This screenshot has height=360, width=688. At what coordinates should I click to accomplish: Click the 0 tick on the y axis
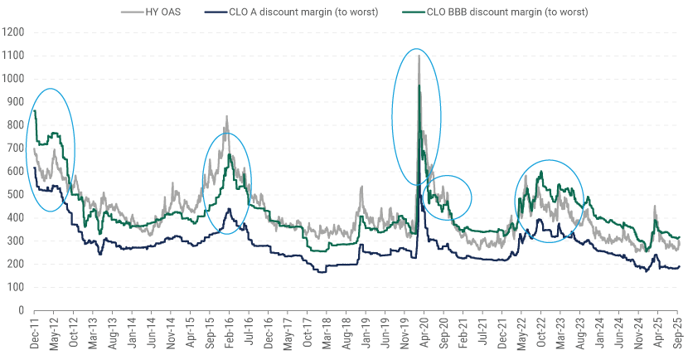[20, 310]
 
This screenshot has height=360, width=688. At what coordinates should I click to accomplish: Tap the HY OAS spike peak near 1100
[419, 56]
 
